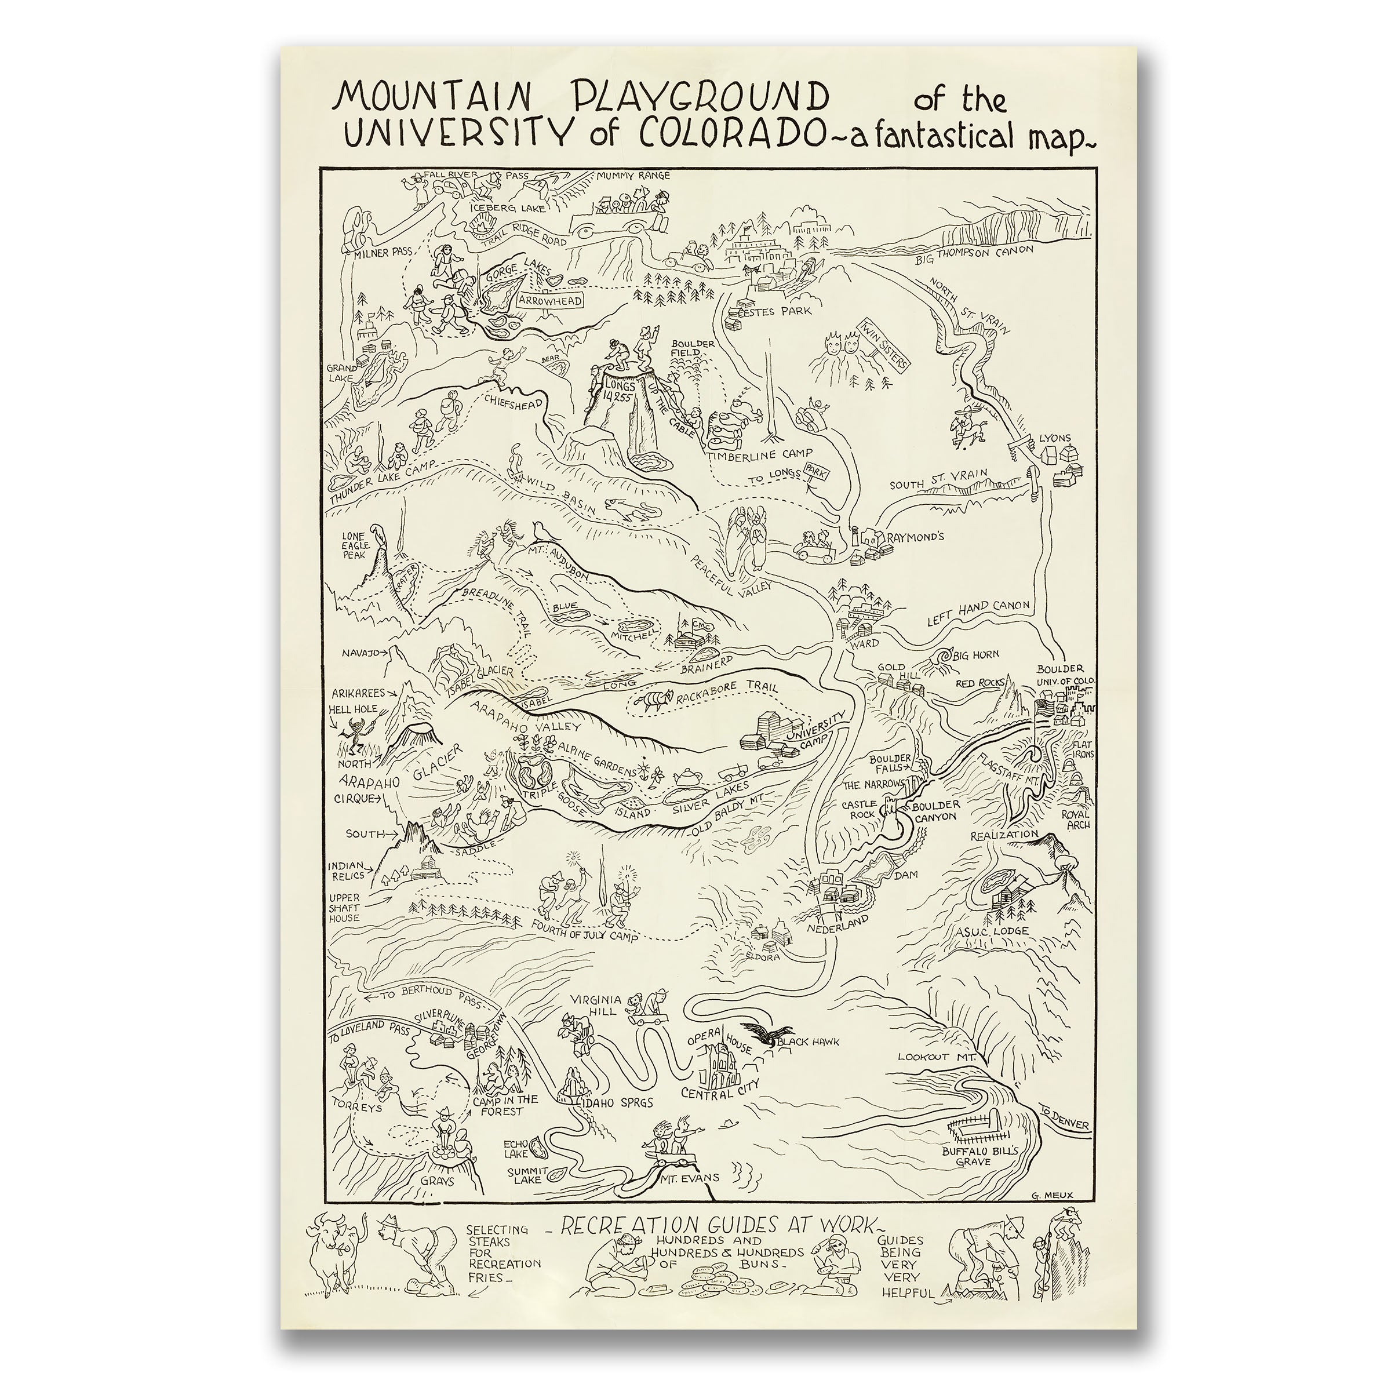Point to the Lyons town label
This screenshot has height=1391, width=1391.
click(1055, 438)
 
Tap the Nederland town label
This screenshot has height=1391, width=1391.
click(838, 928)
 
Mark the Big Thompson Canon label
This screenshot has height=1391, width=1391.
click(974, 254)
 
